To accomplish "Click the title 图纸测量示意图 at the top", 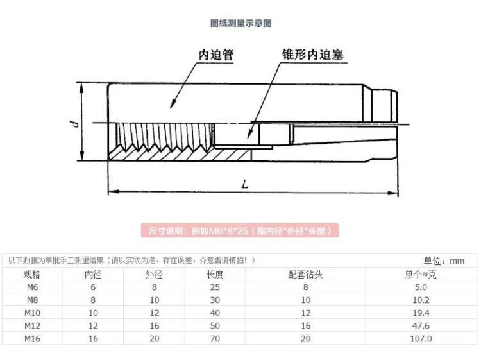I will (240, 23).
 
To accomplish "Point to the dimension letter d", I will (74, 123).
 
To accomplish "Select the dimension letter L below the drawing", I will (244, 184).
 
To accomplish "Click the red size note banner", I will (240, 231).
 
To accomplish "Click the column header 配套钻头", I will (305, 275).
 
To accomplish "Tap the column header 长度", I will (214, 275).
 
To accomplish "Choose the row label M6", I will (31, 287).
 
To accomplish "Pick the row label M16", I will (31, 338).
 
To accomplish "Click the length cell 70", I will (214, 338).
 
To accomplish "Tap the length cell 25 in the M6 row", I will (214, 287).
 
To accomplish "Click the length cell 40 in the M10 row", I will (214, 313).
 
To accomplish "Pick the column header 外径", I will (154, 275).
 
